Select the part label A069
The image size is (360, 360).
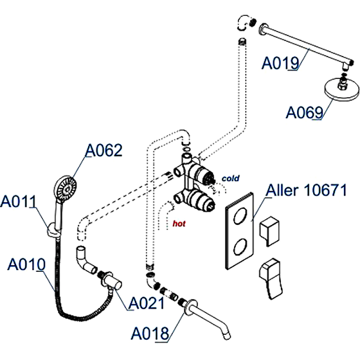coord(305,112)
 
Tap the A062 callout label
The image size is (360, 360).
coord(104,151)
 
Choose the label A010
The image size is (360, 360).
coord(27,264)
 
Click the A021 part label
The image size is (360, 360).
coord(147,304)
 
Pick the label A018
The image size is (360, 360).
coord(150,333)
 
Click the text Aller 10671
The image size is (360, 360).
coord(306,190)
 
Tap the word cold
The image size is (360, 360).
coord(230,179)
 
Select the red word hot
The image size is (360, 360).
coord(179,223)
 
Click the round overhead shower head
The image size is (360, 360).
coord(343,90)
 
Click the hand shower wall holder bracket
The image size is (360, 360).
coord(53,230)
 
